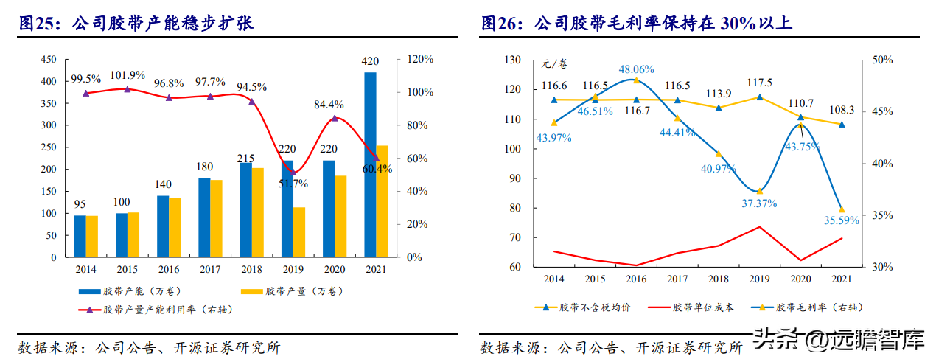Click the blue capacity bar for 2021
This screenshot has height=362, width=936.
click(370, 165)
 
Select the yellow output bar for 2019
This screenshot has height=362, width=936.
click(298, 232)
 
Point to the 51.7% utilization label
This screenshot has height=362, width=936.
click(293, 183)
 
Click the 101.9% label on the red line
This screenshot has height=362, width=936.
click(128, 76)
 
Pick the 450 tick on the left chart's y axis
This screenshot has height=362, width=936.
click(48, 60)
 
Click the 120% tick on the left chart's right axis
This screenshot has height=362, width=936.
click(421, 60)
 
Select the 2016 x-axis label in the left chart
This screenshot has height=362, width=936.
click(169, 270)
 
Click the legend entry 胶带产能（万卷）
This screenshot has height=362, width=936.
click(133, 293)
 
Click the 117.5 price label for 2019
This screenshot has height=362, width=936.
click(759, 83)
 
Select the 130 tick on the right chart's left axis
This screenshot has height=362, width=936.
click(511, 60)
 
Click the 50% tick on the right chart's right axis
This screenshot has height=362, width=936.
click(883, 60)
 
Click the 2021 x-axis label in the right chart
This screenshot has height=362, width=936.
click(841, 279)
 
